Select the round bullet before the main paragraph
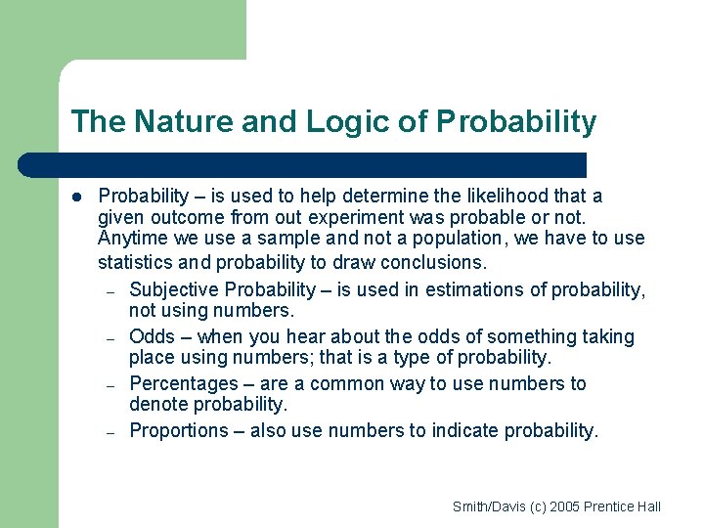[x=75, y=197]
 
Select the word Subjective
[x=173, y=289]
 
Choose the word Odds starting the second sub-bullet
[x=152, y=336]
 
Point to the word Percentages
[x=183, y=383]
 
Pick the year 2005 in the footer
[x=563, y=506]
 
